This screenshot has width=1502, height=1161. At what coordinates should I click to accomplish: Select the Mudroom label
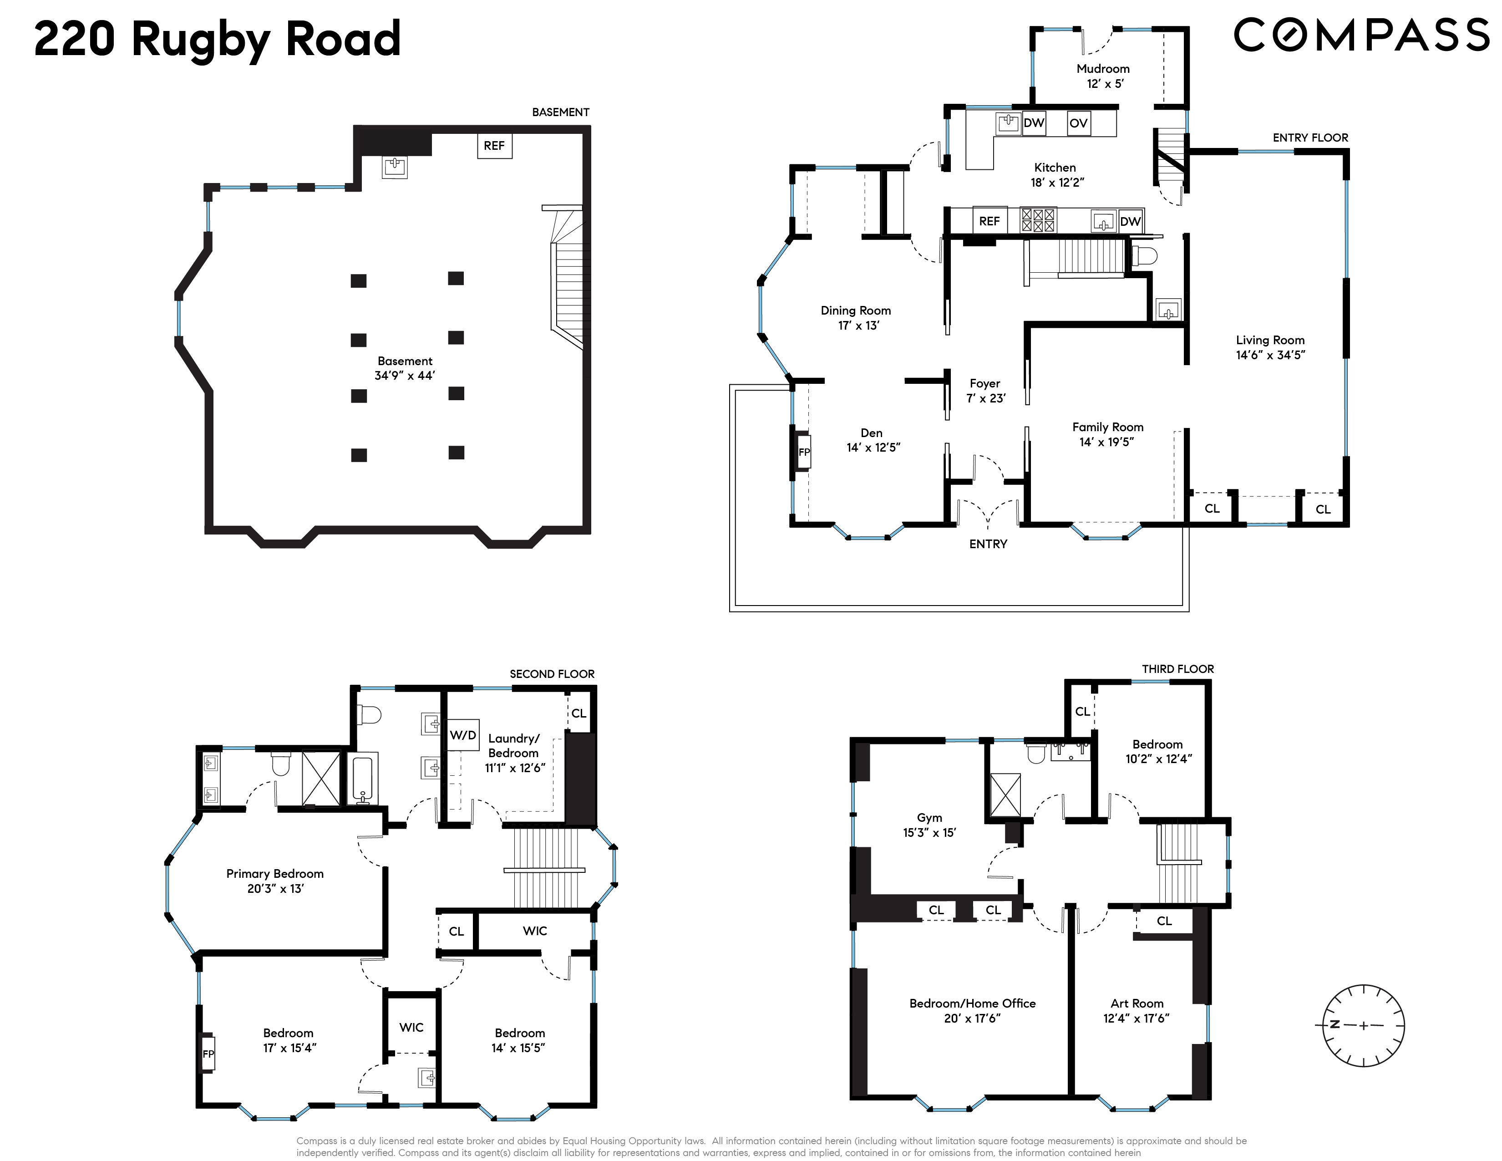click(1103, 69)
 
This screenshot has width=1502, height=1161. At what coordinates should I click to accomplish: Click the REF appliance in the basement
click(494, 146)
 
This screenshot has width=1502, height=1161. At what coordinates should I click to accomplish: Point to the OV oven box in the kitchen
click(1078, 123)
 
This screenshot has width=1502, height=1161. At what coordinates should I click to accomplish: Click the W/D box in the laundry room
click(463, 735)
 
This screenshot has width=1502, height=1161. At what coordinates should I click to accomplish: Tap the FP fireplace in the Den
click(803, 452)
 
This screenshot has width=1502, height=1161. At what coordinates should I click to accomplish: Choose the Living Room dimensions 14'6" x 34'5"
click(1270, 355)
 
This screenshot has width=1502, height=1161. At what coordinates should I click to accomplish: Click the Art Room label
click(1137, 1003)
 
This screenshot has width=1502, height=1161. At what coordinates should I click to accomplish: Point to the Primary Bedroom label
click(274, 874)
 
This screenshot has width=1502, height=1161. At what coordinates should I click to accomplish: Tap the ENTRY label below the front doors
click(988, 544)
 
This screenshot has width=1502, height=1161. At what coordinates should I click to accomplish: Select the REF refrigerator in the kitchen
click(989, 221)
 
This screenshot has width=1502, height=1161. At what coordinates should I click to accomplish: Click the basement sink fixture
click(395, 166)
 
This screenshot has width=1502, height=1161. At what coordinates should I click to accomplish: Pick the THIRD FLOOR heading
click(1178, 668)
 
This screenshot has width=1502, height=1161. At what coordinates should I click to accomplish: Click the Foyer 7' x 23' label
click(985, 391)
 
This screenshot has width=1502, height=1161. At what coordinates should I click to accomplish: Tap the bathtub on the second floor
click(364, 779)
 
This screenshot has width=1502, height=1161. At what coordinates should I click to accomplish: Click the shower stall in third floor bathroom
click(1005, 795)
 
